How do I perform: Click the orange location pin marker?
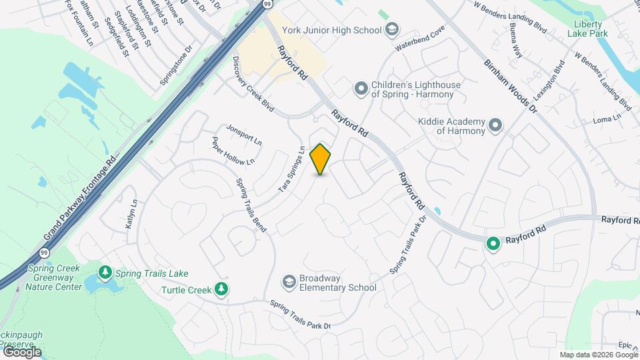(321, 159)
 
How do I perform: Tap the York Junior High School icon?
(393, 29)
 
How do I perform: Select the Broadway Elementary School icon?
(289, 282)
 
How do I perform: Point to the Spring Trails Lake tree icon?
(105, 273)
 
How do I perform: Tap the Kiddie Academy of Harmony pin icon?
(495, 125)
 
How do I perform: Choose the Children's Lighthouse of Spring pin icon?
(361, 88)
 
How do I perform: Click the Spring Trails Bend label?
(251, 205)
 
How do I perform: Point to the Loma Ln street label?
(607, 119)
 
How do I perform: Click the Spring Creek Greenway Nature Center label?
(54, 277)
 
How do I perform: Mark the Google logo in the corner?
(21, 351)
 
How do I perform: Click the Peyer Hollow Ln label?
(233, 152)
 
